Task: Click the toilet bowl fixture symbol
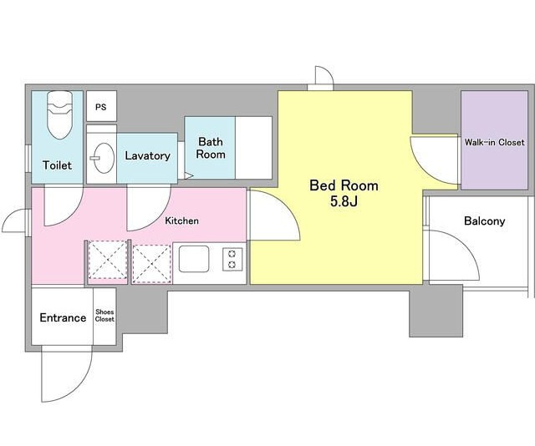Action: [60, 115]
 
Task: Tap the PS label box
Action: [101, 106]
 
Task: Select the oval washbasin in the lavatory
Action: [103, 158]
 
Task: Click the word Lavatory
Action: [147, 156]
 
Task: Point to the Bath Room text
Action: [211, 148]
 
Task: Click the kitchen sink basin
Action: [194, 259]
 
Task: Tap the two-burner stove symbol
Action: [232, 260]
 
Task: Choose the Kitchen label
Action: [182, 220]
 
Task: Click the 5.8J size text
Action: [344, 201]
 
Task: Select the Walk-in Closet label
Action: [494, 142]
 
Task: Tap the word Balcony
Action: [485, 221]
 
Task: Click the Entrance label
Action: [63, 317]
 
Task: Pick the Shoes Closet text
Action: [104, 316]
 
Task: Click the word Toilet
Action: [58, 165]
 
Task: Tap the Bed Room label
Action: [344, 185]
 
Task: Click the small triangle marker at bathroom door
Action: [189, 176]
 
